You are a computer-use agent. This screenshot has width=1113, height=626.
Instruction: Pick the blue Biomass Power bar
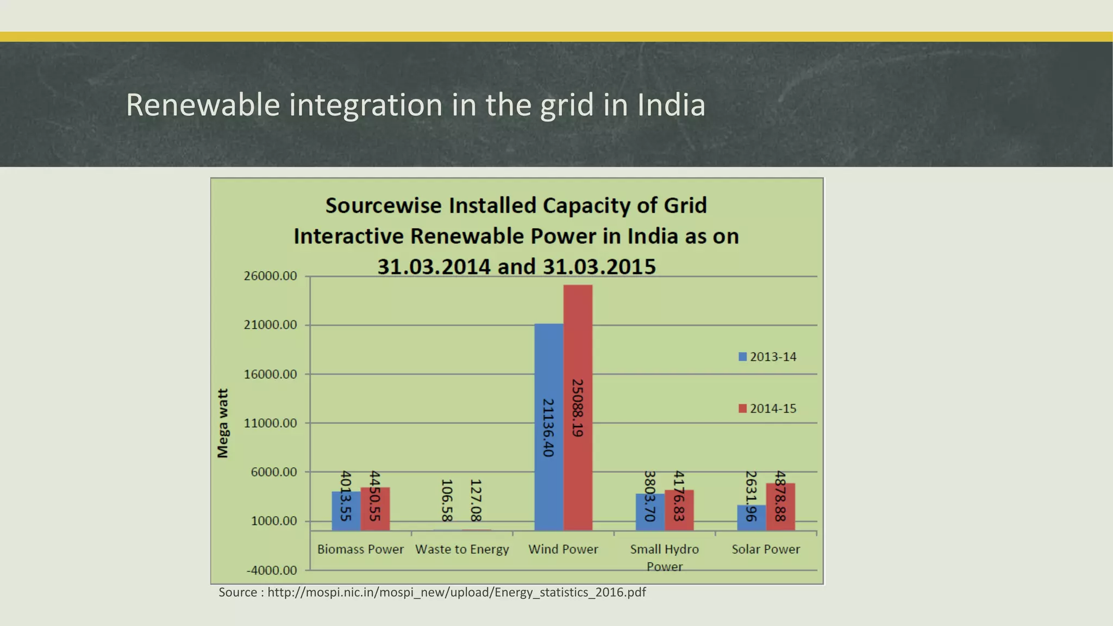pyautogui.click(x=346, y=511)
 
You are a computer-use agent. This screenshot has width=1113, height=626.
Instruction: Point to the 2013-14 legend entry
pyautogui.click(x=767, y=357)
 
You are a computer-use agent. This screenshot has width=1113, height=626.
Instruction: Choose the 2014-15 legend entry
pyautogui.click(x=767, y=409)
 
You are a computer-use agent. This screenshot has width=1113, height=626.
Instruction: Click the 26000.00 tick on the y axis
pyautogui.click(x=270, y=276)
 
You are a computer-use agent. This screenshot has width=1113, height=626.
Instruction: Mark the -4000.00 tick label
pyautogui.click(x=272, y=571)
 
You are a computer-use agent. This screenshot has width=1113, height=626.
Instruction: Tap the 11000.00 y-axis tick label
pyautogui.click(x=270, y=423)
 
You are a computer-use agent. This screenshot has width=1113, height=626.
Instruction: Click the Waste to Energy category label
pyautogui.click(x=462, y=549)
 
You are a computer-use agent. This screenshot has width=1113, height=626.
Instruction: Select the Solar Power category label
pyautogui.click(x=766, y=549)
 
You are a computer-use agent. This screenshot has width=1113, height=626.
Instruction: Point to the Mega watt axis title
pyautogui.click(x=223, y=423)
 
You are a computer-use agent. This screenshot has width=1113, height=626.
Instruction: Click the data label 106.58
pyautogui.click(x=447, y=500)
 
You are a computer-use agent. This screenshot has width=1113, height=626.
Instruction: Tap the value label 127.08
pyautogui.click(x=476, y=500)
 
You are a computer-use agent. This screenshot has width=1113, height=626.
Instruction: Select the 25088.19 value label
pyautogui.click(x=577, y=408)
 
